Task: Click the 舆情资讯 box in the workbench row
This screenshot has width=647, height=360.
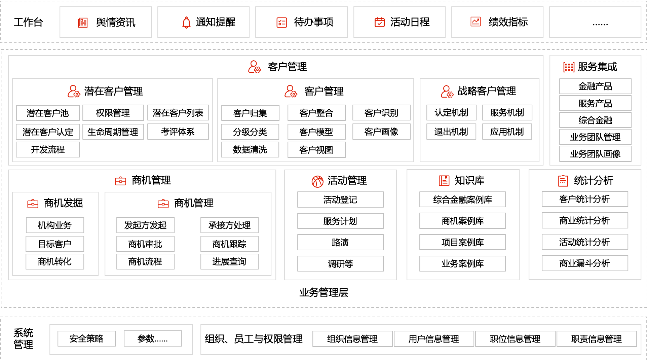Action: pos(106,22)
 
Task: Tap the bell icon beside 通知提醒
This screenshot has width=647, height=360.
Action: pos(186,23)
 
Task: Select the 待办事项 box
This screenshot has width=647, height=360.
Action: pos(301,22)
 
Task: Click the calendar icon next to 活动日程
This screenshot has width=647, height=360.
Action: pos(380,22)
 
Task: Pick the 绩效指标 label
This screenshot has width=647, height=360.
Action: pos(508,22)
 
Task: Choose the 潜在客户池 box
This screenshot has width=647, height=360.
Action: pos(48,113)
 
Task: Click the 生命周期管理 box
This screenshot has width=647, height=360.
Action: pos(113,132)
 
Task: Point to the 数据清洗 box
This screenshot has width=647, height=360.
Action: pos(250,150)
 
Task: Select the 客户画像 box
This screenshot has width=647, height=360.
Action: pos(381,132)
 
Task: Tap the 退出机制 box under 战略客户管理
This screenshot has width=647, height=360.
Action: pos(451,132)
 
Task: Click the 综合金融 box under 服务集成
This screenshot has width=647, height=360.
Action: pos(595,120)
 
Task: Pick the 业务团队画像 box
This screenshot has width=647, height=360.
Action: pos(595,154)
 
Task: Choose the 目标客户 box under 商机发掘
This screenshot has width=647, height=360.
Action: pos(55,244)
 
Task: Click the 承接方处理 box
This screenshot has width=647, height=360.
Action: pos(229,225)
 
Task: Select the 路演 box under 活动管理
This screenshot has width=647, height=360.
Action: pos(340,242)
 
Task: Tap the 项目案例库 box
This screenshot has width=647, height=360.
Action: pos(462,242)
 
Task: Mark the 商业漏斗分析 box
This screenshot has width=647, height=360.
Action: pos(585,263)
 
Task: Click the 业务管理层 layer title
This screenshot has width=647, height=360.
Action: pos(324,292)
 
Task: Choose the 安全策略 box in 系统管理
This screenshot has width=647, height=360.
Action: pos(86,338)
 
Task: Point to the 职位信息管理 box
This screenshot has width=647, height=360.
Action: pos(515,339)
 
